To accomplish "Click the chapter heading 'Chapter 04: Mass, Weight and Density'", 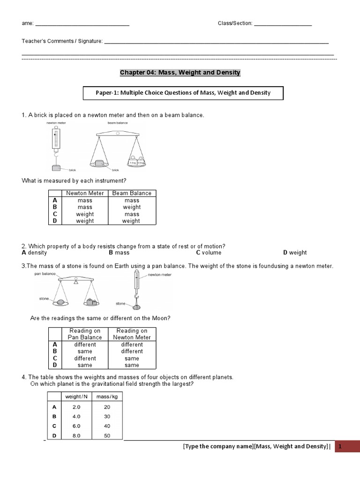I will [x=180, y=73].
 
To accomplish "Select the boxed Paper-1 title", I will [x=183, y=93].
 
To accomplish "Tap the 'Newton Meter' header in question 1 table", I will [x=84, y=193].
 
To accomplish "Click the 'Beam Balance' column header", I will [x=132, y=193].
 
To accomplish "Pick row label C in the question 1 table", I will [x=55, y=214].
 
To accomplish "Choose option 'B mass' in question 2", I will [x=119, y=253].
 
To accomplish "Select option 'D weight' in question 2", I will [x=295, y=253].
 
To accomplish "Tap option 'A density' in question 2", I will [x=35, y=253].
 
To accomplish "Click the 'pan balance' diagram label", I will [x=45, y=274].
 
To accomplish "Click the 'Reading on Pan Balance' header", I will [x=84, y=334].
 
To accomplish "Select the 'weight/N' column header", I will [x=76, y=397].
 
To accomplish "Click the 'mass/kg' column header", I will [x=106, y=397].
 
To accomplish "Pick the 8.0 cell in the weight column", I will [x=76, y=435].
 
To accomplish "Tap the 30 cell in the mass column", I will [x=107, y=416].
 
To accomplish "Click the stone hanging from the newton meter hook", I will [x=137, y=307].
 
